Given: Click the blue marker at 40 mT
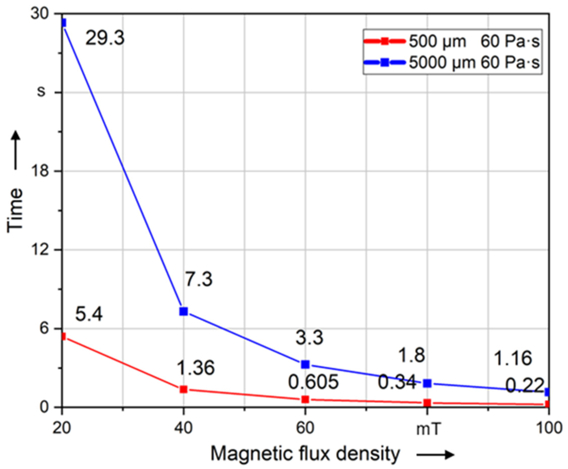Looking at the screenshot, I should click(184, 311).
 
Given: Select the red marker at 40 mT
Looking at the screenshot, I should click(184, 389).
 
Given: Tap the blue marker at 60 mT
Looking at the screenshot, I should click(305, 364).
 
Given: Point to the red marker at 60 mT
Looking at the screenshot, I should click(305, 399).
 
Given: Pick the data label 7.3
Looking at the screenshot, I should click(199, 279).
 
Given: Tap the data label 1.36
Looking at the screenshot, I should click(196, 368).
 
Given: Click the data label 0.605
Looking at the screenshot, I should click(313, 382).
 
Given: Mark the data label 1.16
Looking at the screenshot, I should click(513, 359).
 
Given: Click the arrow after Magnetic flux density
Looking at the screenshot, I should click(435, 455).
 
